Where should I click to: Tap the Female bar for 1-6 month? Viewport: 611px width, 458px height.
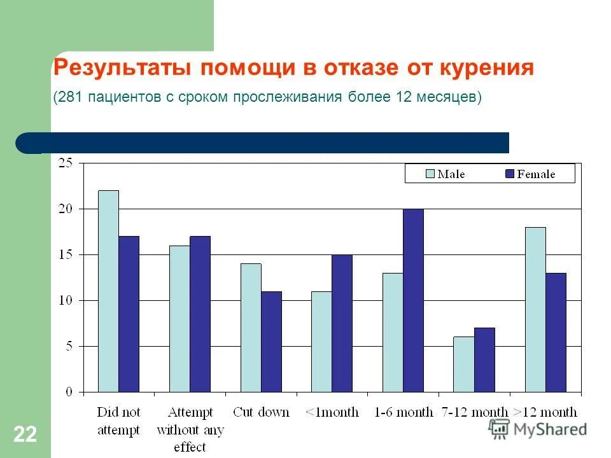tap(413, 300)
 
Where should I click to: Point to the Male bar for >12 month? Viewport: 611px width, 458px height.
tap(535, 309)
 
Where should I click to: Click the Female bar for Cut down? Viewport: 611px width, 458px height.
tap(271, 341)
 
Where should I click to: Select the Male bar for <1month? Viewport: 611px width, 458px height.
tap(321, 341)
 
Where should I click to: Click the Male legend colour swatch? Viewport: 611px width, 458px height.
tap(429, 174)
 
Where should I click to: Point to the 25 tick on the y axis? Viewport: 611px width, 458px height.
tap(66, 163)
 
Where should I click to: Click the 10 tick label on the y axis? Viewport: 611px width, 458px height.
tap(66, 300)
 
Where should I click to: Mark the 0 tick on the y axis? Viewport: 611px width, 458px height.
tap(69, 392)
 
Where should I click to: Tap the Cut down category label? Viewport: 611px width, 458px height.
tap(261, 412)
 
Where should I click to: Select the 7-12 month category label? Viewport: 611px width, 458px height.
tap(474, 412)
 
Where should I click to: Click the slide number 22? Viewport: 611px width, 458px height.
tap(25, 435)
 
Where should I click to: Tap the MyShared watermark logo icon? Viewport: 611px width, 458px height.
tap(500, 429)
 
